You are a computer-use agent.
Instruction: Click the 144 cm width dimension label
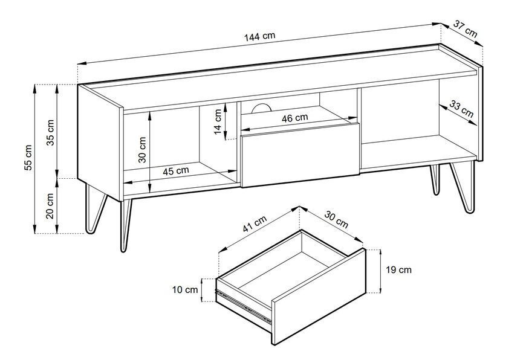[259, 36]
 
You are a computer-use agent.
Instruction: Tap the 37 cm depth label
[466, 28]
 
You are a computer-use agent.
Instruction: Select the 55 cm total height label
[28, 158]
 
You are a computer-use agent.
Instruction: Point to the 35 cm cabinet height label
[50, 132]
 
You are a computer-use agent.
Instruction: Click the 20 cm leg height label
[50, 206]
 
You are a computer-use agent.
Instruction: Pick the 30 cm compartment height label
[143, 150]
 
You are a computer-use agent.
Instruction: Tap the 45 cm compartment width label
[176, 171]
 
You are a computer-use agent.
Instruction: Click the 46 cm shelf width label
[294, 118]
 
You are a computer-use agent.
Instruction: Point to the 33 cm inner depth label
[461, 109]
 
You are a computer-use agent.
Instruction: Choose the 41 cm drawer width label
[255, 223]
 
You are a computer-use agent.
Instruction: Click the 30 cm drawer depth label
[336, 219]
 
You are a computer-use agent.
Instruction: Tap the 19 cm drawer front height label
[398, 270]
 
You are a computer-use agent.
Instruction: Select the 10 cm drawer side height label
[185, 290]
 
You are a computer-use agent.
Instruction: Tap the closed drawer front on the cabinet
[300, 155]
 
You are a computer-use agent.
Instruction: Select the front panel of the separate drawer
[319, 297]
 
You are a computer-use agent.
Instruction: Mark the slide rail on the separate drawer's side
[244, 307]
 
